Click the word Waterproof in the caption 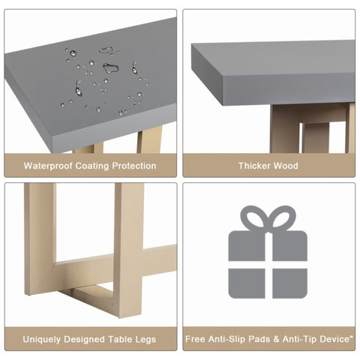(48, 166)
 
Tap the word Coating (92, 166)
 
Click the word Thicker (254, 166)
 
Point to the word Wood (286, 166)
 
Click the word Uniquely (42, 340)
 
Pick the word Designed (85, 339)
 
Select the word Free (195, 339)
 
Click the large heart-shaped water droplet (110, 67)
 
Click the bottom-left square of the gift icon (247, 283)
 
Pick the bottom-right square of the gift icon (289, 283)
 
